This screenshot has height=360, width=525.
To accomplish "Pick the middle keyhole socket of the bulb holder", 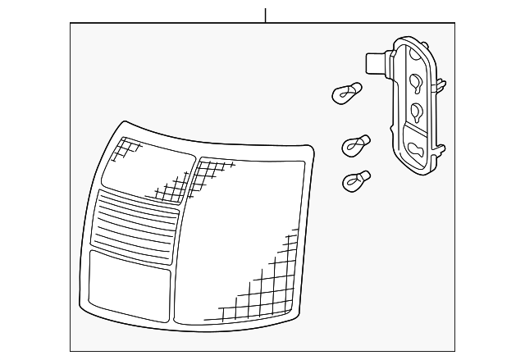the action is [x=417, y=111].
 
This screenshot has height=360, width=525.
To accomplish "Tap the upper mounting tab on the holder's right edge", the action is [x=442, y=83].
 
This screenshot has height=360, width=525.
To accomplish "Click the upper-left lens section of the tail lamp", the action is [x=148, y=169].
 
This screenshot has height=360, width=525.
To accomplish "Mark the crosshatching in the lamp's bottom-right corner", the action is [x=262, y=295].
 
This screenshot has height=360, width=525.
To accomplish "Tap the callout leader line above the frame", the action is [x=265, y=14].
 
